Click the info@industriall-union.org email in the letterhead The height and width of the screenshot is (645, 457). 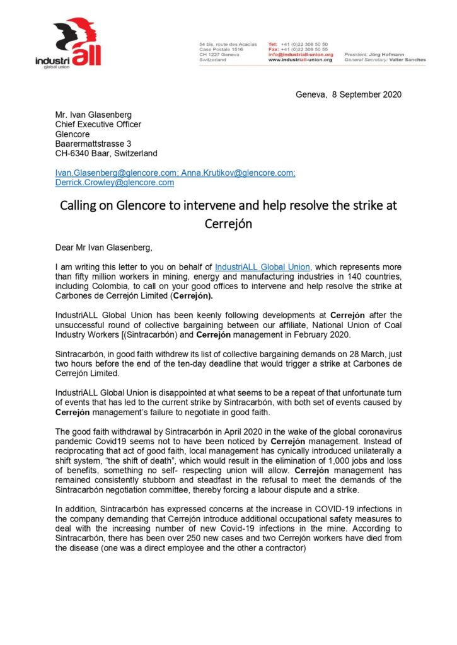[300, 55]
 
